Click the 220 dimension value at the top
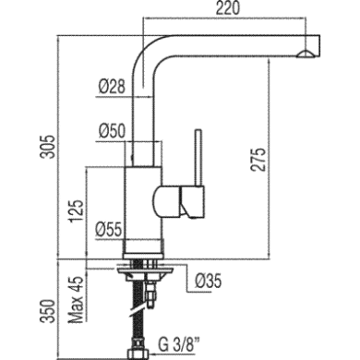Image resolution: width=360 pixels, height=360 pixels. click(x=227, y=8)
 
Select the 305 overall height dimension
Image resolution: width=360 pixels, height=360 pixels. click(x=48, y=147)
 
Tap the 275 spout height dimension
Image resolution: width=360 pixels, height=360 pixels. click(x=258, y=160)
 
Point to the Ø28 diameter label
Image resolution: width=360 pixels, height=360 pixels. click(x=112, y=87)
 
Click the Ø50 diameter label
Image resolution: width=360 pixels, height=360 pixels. click(x=112, y=131)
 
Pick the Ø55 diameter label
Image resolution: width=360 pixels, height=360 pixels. click(x=109, y=229)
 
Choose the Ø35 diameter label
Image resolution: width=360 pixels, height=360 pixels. click(x=209, y=281)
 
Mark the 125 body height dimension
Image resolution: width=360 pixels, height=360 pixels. click(x=76, y=211)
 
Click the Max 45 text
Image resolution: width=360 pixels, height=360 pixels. click(x=76, y=298)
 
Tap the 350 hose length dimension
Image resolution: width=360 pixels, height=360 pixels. click(x=48, y=311)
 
